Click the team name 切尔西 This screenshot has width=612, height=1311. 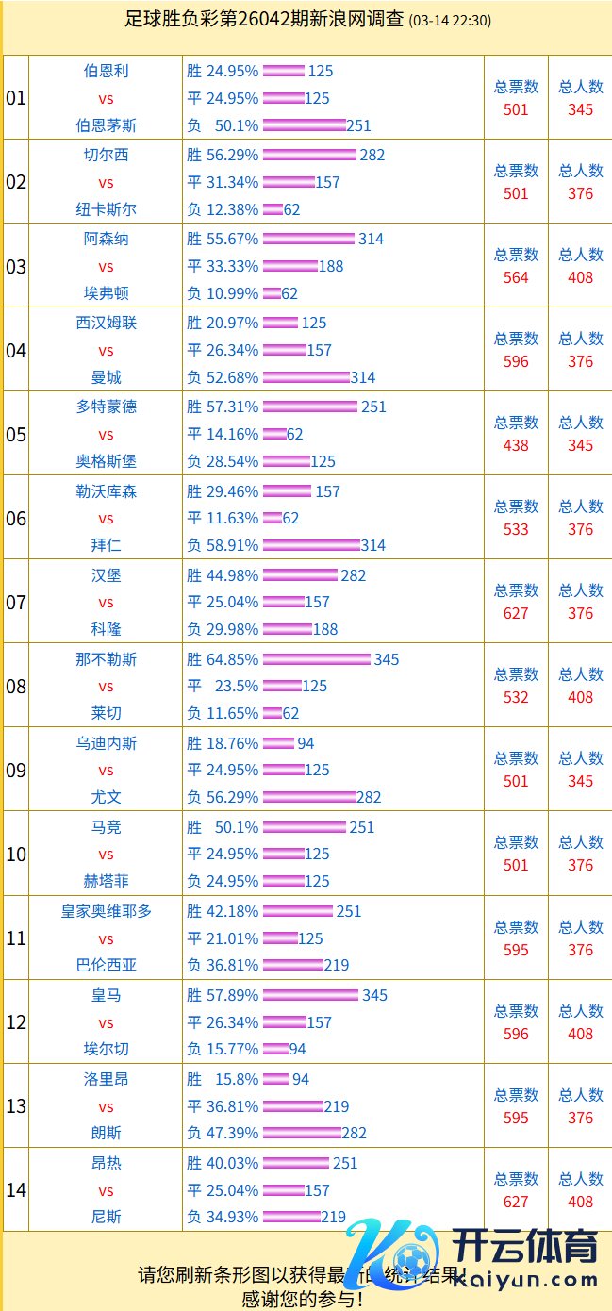106,155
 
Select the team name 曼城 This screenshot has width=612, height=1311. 106,377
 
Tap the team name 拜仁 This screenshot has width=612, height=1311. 106,545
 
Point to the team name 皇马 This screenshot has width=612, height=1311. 106,995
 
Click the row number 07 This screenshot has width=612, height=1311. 16,602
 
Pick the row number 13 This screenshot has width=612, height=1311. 16,1106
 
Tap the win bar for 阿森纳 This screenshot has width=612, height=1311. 308,239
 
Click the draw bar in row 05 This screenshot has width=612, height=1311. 274,434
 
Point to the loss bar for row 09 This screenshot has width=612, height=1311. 309,797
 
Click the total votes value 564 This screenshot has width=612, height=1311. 516,277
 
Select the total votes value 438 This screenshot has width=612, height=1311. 516,445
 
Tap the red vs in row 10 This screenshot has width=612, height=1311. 106,855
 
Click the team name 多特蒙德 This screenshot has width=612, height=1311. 106,407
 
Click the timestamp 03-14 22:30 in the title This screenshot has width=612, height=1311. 450,21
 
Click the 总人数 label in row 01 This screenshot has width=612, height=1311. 581,87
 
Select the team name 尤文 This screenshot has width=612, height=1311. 106,797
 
